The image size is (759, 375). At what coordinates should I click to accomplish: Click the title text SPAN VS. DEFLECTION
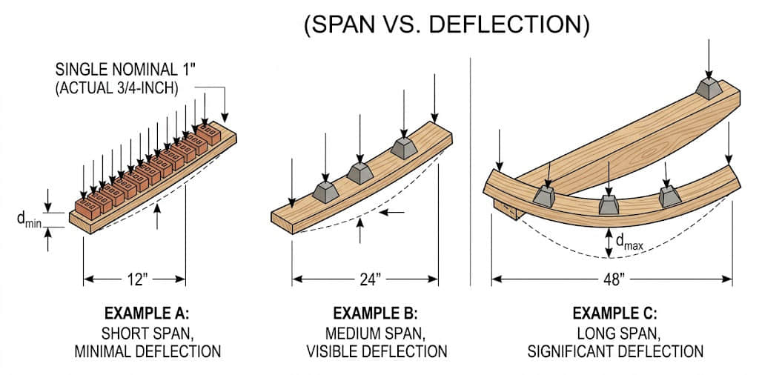coord(447,24)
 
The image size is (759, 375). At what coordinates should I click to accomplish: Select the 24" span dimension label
coord(367,279)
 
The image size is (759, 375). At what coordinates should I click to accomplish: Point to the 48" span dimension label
coord(612,279)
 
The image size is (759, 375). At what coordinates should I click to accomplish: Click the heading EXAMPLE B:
coord(376,312)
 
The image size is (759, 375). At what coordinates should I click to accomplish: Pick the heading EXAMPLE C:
coord(615,312)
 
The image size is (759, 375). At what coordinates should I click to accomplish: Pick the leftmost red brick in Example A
coord(86,208)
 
